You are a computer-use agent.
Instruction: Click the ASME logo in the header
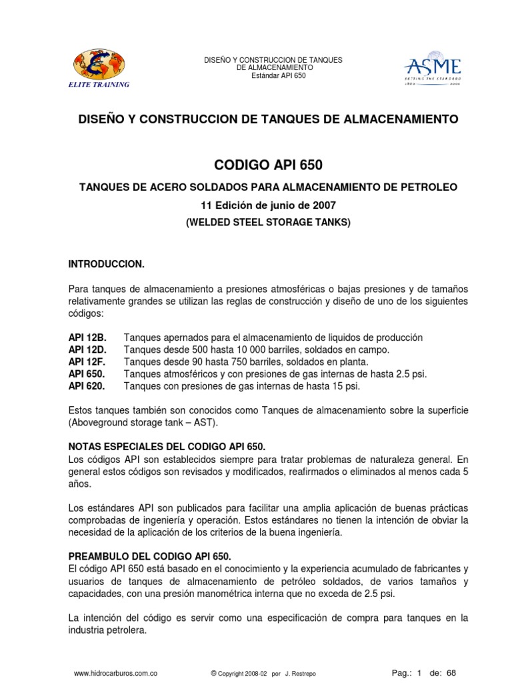click(433, 69)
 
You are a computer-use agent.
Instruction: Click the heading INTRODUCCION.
click(107, 264)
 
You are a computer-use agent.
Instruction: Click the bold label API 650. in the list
click(87, 374)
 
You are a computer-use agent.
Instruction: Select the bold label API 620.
click(87, 386)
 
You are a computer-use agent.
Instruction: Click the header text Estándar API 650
click(273, 76)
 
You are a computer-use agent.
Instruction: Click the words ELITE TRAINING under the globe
click(99, 85)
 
